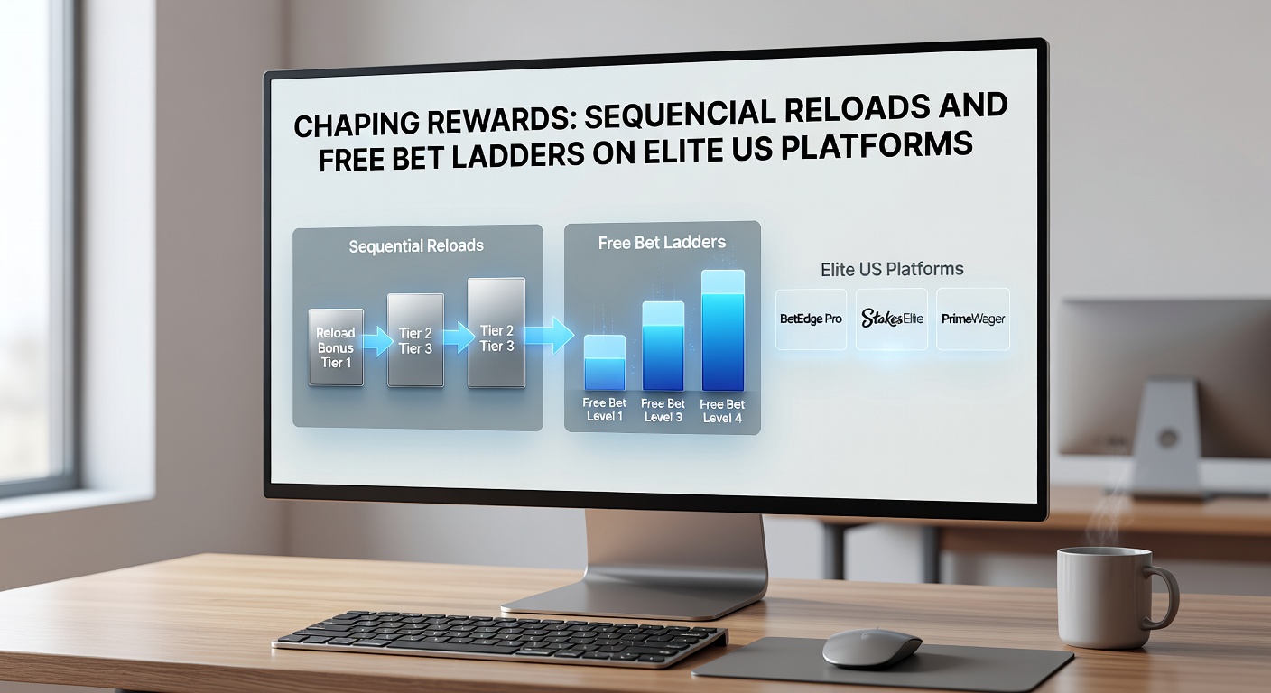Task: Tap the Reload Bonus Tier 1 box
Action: click(336, 347)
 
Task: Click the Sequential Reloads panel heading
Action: click(416, 246)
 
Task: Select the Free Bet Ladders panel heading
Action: click(662, 243)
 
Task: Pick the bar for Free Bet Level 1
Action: click(604, 363)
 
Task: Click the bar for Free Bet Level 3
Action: click(663, 346)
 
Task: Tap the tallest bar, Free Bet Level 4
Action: click(722, 330)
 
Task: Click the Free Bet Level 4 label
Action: click(722, 411)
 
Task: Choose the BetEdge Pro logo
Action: click(811, 319)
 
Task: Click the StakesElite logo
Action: click(891, 319)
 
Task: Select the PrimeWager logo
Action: click(972, 319)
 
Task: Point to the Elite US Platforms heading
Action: click(892, 269)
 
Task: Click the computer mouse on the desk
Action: click(871, 647)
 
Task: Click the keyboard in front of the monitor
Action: click(499, 637)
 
